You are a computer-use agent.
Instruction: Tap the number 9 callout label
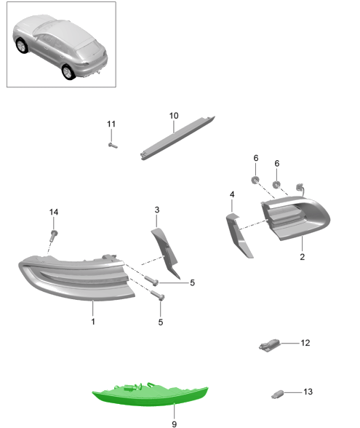coord(174,423)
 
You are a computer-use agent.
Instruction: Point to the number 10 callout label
coord(174,116)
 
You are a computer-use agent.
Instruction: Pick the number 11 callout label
coord(111,124)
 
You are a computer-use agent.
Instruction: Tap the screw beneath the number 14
coord(55,234)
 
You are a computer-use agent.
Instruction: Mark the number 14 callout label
coord(53,212)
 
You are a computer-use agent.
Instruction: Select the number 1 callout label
coord(92,321)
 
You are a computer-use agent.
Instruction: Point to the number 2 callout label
coord(301,257)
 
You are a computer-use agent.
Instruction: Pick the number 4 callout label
coord(231,194)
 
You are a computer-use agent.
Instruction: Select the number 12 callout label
coord(305,342)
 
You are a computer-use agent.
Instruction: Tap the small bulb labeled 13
coord(277,394)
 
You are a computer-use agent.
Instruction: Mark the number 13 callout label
coord(308,392)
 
